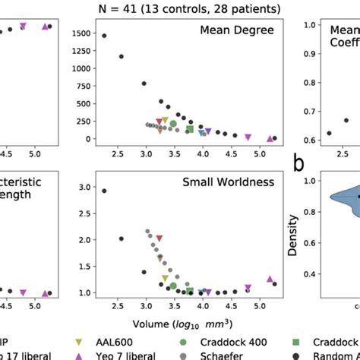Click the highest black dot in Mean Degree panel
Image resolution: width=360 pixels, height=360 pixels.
(x=104, y=36)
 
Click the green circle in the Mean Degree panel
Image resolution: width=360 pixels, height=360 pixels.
(x=173, y=124)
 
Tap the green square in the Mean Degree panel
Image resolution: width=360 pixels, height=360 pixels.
(x=189, y=128)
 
